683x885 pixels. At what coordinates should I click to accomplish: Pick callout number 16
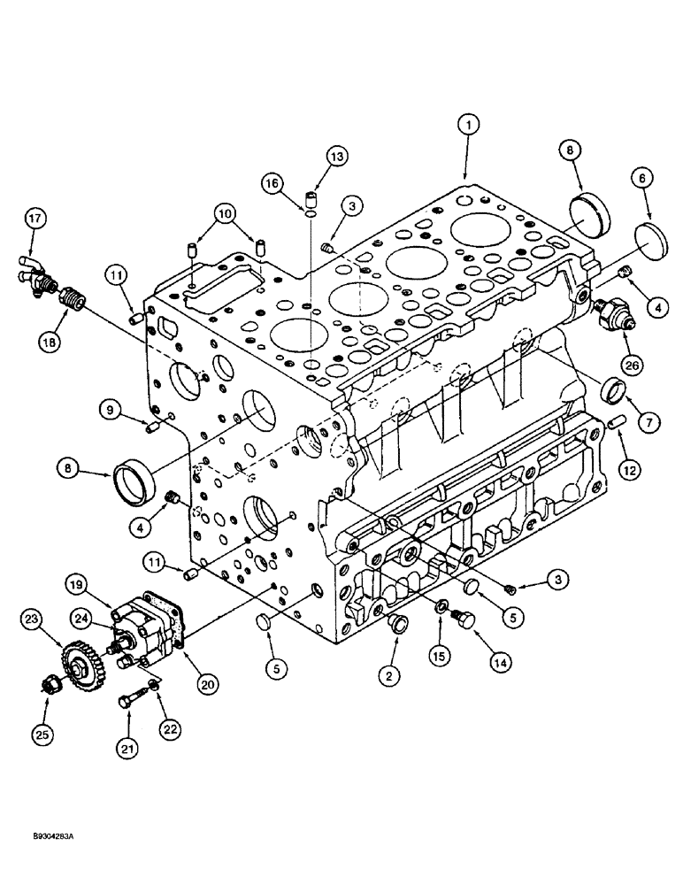pyautogui.click(x=272, y=183)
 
